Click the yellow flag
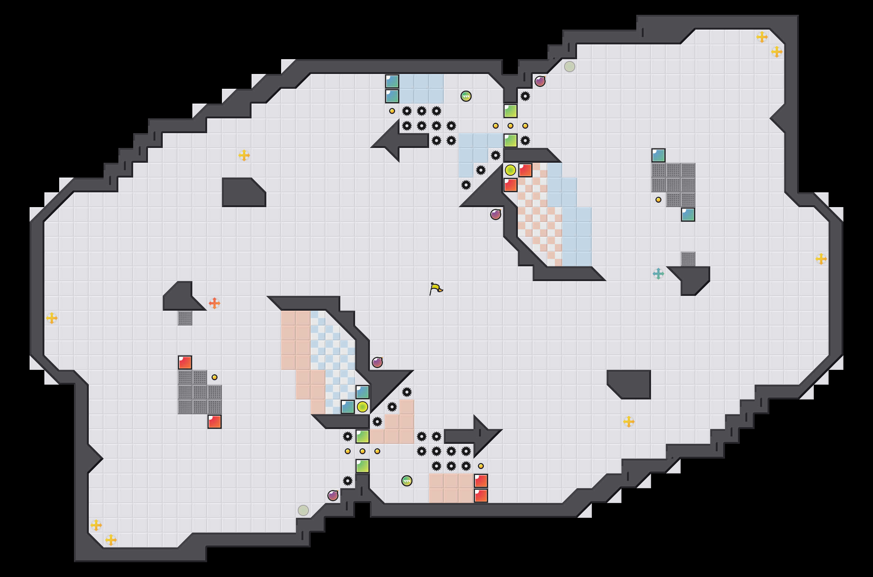tap(436, 288)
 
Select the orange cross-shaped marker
tap(215, 303)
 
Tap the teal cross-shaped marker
tap(658, 274)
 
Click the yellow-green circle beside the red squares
tap(510, 170)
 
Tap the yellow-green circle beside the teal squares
tap(363, 407)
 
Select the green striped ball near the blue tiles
tap(466, 96)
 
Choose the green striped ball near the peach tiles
tap(407, 481)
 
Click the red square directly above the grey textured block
tap(185, 362)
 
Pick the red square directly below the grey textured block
tap(215, 422)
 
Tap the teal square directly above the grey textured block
tap(658, 155)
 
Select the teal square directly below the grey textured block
tap(688, 215)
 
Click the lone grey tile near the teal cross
tap(688, 259)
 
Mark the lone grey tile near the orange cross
tap(185, 318)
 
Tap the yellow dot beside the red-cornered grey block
tap(215, 377)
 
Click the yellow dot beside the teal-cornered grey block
tap(658, 200)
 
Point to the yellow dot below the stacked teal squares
tap(392, 111)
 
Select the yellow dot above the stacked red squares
tap(481, 466)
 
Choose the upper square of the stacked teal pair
tap(392, 81)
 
